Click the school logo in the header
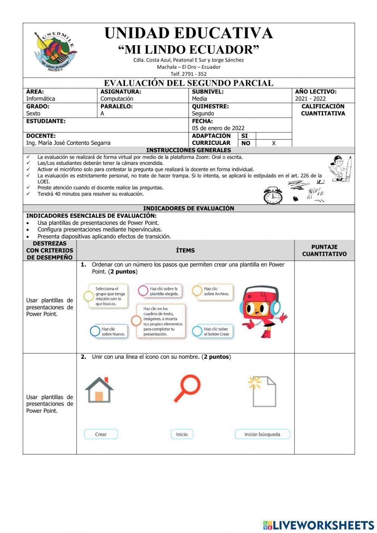pyautogui.click(x=55, y=51)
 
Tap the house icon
pyautogui.click(x=99, y=390)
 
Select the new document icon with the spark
pyautogui.click(x=262, y=391)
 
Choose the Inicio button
pyautogui.click(x=182, y=434)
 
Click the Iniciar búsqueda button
pyautogui.click(x=262, y=434)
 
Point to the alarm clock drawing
pyautogui.click(x=273, y=195)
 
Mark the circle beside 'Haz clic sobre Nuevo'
pyautogui.click(x=95, y=331)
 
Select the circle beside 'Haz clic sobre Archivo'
pyautogui.click(x=197, y=290)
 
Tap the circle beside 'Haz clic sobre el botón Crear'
pyautogui.click(x=197, y=331)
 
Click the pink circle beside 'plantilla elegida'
pyautogui.click(x=143, y=290)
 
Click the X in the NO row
pyautogui.click(x=274, y=143)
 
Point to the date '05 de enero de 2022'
pyautogui.click(x=218, y=128)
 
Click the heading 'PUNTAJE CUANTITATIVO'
pyautogui.click(x=324, y=250)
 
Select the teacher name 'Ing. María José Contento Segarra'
pyautogui.click(x=68, y=143)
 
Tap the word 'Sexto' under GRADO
pyautogui.click(x=33, y=114)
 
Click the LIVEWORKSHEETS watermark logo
pyautogui.click(x=319, y=525)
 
